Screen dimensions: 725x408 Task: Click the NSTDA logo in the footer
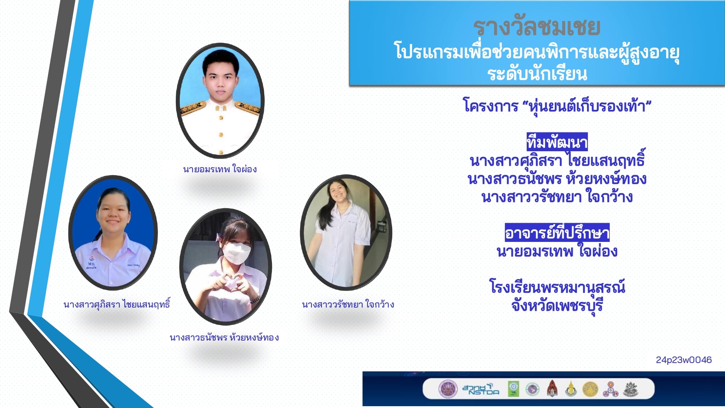tap(481, 389)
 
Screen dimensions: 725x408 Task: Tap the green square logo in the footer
tap(513, 389)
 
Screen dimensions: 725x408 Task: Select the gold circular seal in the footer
tap(590, 389)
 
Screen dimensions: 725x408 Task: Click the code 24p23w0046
tap(684, 360)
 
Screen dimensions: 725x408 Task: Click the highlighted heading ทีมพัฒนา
tap(557, 142)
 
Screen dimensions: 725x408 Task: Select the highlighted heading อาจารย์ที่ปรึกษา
tap(557, 232)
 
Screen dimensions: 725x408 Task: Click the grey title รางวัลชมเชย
tap(537, 27)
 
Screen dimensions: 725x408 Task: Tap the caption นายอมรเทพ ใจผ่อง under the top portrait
tap(220, 169)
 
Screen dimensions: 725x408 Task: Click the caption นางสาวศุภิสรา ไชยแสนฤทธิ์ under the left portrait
tap(117, 304)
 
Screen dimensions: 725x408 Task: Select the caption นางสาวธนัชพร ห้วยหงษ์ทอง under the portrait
tap(224, 338)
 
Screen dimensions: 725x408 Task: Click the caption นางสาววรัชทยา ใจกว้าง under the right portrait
tap(348, 304)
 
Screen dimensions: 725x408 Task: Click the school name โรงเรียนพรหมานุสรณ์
tap(557, 287)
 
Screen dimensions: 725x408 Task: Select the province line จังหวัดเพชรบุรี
tap(557, 306)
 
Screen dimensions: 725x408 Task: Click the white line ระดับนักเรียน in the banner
tap(537, 74)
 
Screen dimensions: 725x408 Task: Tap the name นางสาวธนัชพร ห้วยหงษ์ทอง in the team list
tap(557, 179)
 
